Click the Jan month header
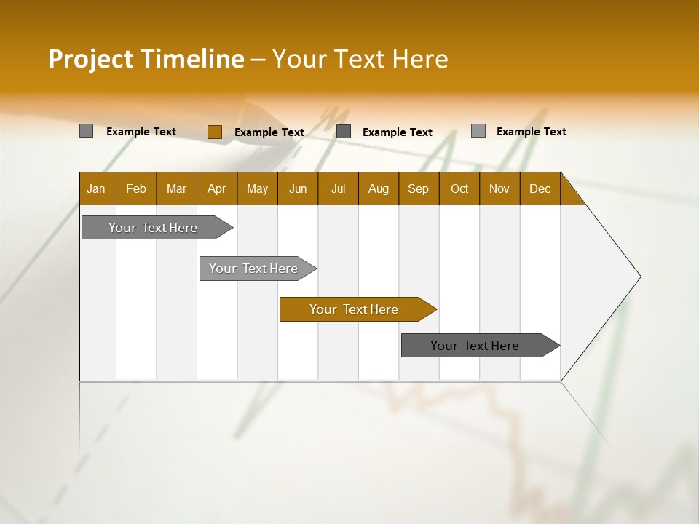coord(97,188)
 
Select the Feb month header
coord(136,188)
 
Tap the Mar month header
coord(176,188)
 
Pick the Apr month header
coord(217,188)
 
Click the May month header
coord(257,188)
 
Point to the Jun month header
coord(298,188)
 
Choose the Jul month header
coord(338,188)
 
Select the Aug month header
coord(379,188)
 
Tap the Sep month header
coord(419,188)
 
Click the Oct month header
coord(459,188)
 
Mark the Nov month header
coord(499,188)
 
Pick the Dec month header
coord(540,188)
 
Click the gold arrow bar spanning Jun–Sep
coord(355,309)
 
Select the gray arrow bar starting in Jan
coord(154,228)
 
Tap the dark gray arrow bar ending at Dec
coord(475,346)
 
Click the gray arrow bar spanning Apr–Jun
coord(254,269)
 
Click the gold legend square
coord(214,132)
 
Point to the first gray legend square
coord(86,131)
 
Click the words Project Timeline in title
coord(146,59)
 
